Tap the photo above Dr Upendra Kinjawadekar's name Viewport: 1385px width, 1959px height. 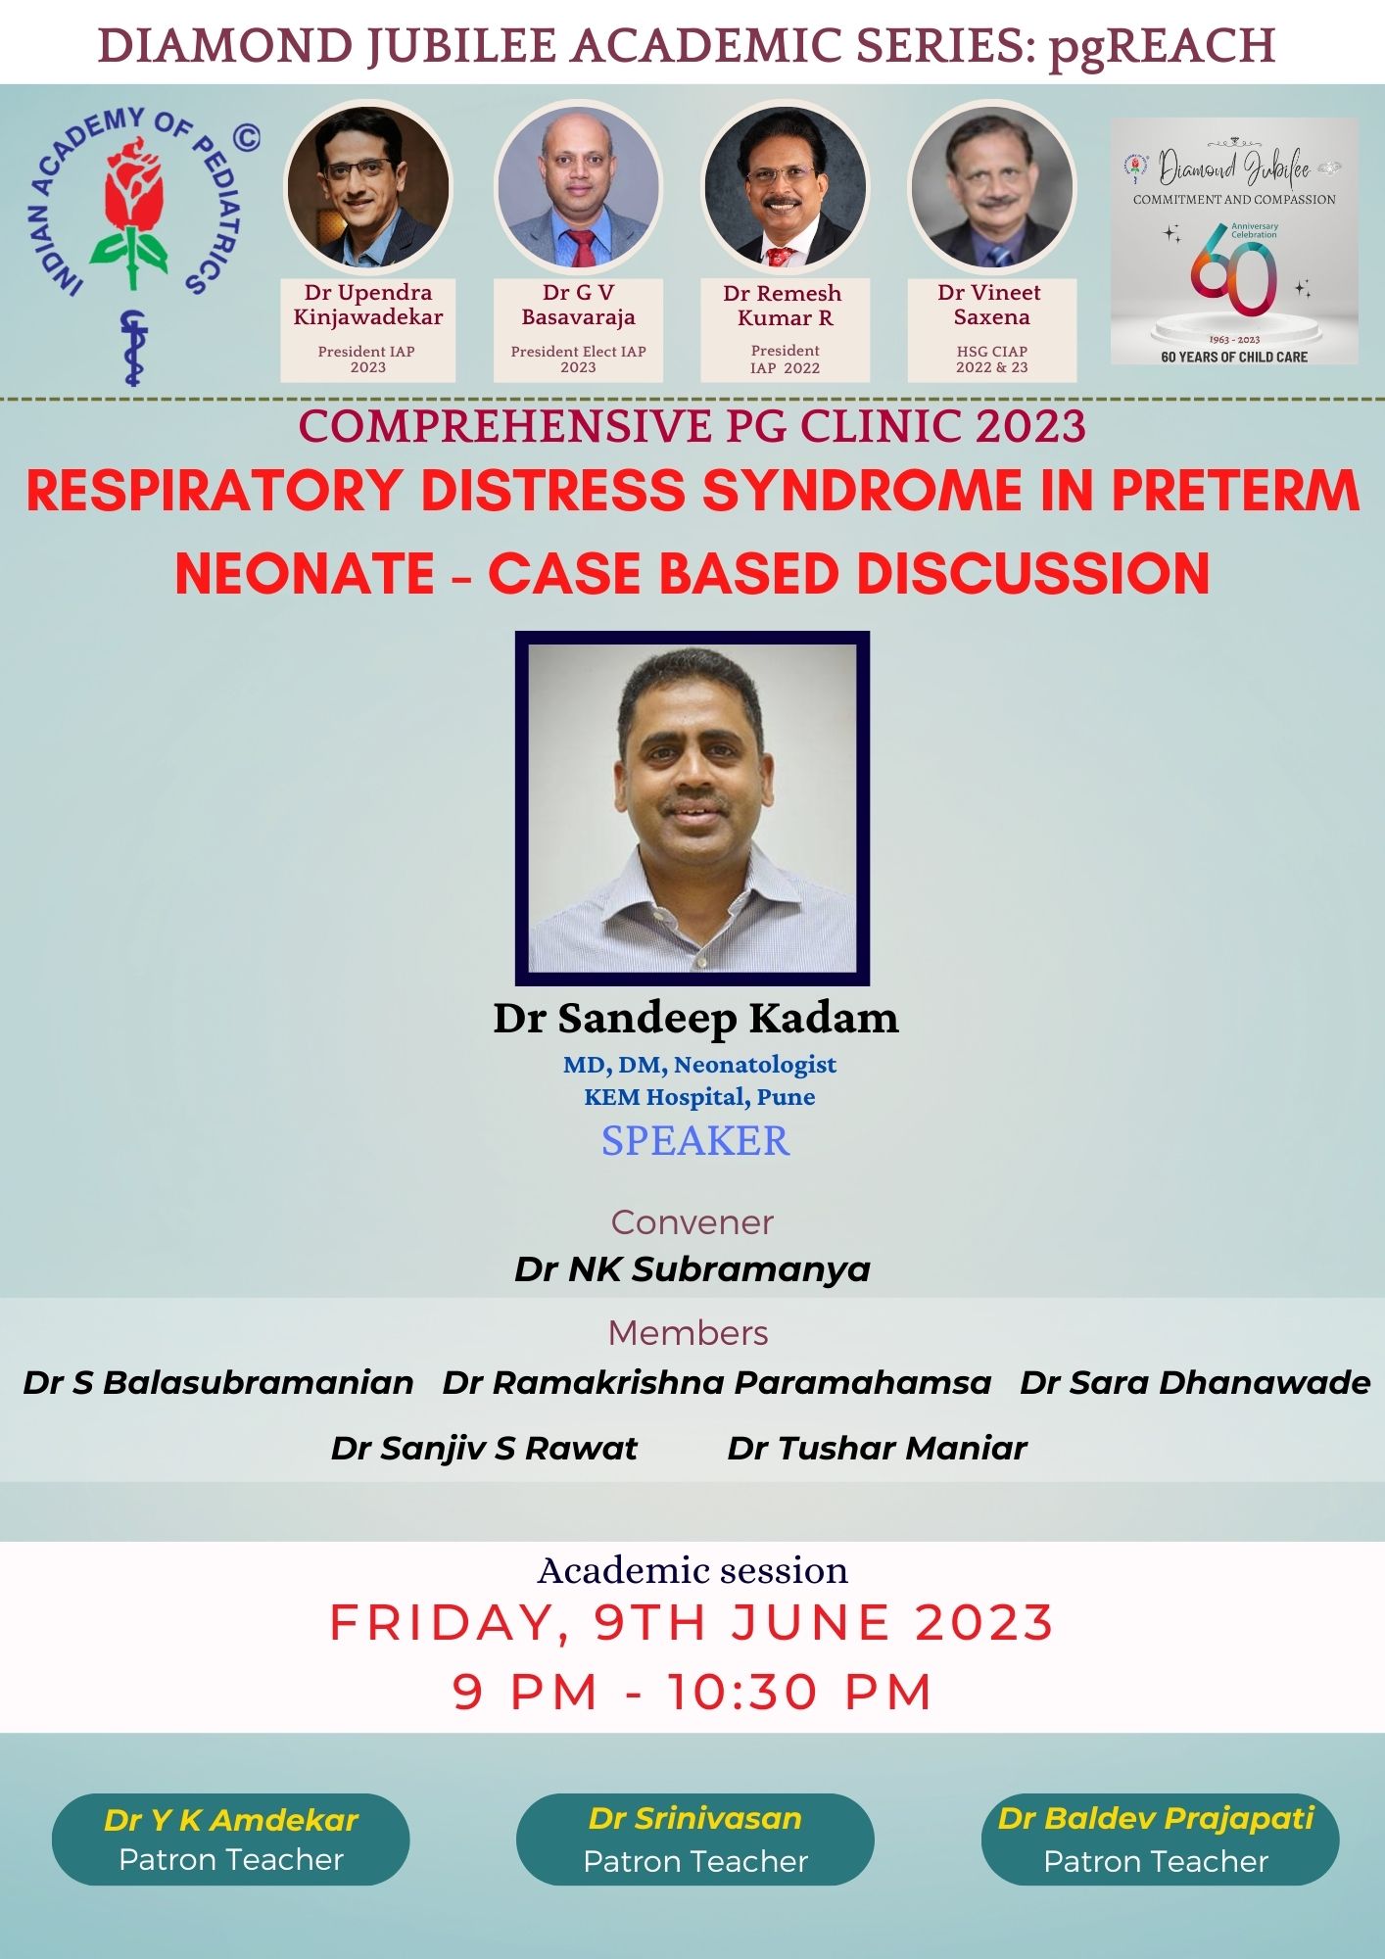(x=367, y=187)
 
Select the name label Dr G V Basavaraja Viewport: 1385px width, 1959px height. (x=578, y=305)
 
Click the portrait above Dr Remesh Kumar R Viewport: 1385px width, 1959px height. (x=785, y=187)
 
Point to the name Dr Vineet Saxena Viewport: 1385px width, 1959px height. (x=990, y=305)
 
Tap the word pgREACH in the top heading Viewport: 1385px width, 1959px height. (x=1162, y=46)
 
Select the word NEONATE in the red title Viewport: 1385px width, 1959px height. (x=305, y=573)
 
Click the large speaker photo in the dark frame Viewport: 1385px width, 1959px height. (x=692, y=808)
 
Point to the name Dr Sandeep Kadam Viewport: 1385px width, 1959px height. (x=695, y=1018)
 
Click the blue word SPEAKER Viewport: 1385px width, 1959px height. (x=695, y=1141)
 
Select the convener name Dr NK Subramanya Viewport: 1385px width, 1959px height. (x=692, y=1269)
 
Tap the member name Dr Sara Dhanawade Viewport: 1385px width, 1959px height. (x=1195, y=1383)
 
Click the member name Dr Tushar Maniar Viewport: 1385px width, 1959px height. (x=877, y=1448)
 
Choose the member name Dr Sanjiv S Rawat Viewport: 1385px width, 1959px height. (x=484, y=1448)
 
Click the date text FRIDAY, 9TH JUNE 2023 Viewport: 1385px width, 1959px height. (x=692, y=1622)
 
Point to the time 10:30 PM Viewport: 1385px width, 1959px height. (x=800, y=1693)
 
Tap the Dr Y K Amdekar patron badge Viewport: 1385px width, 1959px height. (x=230, y=1840)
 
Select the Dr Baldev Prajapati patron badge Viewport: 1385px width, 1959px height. (x=1160, y=1840)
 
